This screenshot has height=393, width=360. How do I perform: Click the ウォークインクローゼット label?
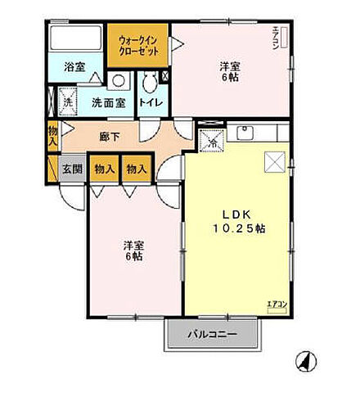pyautogui.click(x=137, y=43)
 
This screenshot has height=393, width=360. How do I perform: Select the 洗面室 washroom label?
pyautogui.click(x=108, y=103)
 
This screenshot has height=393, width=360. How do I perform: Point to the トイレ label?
pyautogui.click(x=149, y=103)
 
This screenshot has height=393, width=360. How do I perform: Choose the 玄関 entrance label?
pyautogui.click(x=71, y=169)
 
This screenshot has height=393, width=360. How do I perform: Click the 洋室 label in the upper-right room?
pyautogui.click(x=230, y=70)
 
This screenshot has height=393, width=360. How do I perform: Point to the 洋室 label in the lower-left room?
pyautogui.click(x=134, y=251)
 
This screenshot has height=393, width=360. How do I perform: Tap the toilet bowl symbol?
pyautogui.click(x=150, y=81)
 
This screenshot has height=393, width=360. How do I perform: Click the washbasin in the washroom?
pyautogui.click(x=119, y=82)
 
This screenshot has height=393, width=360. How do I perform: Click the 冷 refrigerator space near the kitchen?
pyautogui.click(x=212, y=141)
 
